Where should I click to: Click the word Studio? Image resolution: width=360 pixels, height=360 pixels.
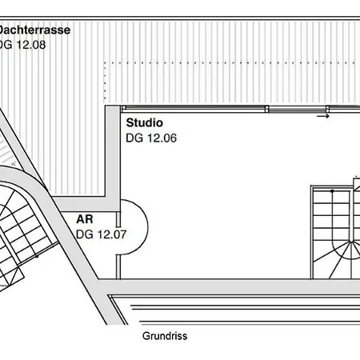tap(144, 123)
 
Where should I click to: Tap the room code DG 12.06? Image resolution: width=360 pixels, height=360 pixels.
tap(151, 138)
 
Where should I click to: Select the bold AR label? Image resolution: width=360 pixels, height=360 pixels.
tap(85, 219)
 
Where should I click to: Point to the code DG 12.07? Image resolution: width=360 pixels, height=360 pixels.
tap(102, 234)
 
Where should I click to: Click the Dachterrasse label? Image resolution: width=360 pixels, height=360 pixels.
tap(34, 30)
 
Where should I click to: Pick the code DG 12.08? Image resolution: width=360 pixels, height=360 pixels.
tap(22, 45)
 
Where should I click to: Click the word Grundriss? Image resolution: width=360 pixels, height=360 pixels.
tap(165, 336)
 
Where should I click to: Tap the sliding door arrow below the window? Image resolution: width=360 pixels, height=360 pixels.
tap(323, 116)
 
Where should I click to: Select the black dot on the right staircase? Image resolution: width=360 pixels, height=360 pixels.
tap(332, 191)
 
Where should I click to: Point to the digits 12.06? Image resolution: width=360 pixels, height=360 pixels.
tap(162, 138)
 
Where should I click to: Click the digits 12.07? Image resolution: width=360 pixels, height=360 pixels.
tap(112, 234)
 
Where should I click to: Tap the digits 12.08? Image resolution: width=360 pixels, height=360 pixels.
tap(31, 45)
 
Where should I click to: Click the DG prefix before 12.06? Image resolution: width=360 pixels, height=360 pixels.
tap(135, 138)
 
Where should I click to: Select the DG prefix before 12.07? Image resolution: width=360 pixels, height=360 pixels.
tap(86, 234)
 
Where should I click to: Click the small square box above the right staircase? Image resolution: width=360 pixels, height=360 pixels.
tap(357, 185)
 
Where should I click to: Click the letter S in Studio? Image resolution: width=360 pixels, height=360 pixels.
tap(130, 123)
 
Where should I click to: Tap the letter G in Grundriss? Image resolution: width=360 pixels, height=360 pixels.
tap(146, 336)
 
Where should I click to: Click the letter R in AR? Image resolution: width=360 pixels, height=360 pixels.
tap(89, 219)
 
